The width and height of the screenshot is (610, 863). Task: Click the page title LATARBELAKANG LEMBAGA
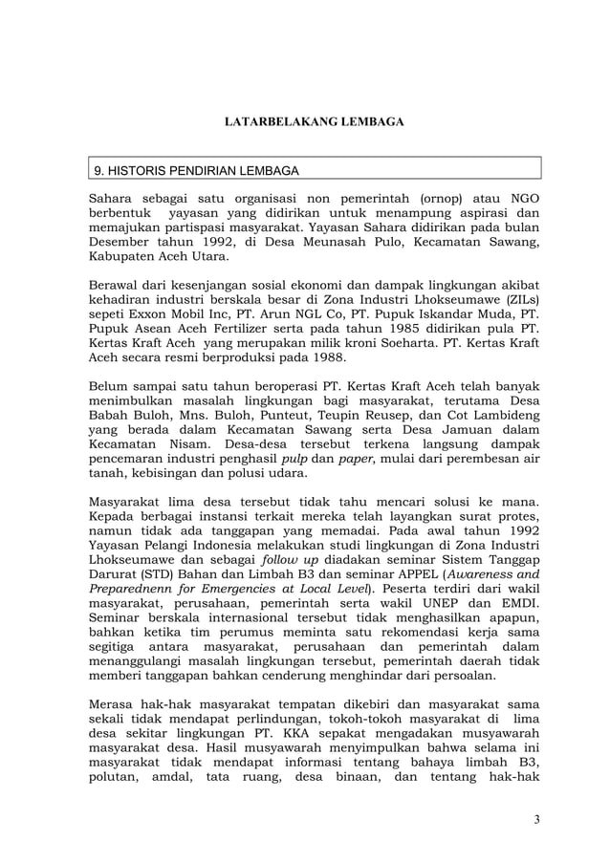(314, 122)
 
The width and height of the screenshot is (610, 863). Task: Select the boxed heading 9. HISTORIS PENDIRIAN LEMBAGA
(196, 171)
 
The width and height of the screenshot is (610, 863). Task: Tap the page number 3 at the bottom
(537, 819)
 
